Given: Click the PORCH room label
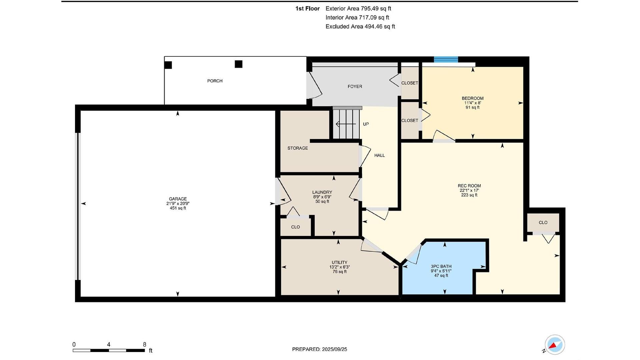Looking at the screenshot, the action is [x=215, y=81].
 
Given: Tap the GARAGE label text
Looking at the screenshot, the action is [x=178, y=199].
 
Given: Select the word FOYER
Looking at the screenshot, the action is [x=355, y=87].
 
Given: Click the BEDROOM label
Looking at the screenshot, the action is [x=473, y=98].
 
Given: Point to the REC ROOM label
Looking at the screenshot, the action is [x=469, y=186].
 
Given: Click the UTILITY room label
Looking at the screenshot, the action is [x=339, y=263].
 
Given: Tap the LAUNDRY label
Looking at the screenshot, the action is [x=322, y=192].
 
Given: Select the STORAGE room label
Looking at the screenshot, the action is [x=298, y=148].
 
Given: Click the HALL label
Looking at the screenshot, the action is [x=379, y=156].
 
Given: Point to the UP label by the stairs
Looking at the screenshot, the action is [x=366, y=124].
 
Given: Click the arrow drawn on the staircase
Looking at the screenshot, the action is [x=346, y=124].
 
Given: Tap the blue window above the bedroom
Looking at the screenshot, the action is [x=446, y=60].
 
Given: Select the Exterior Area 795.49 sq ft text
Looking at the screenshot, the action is [x=358, y=9].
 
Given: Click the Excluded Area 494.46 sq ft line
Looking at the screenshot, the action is [x=360, y=27].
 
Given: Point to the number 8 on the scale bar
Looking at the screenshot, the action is [x=144, y=345].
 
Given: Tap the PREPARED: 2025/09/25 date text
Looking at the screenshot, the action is [x=320, y=349].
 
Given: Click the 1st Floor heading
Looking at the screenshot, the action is [x=307, y=9].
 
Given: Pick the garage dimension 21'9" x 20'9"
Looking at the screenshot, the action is [x=178, y=204].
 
